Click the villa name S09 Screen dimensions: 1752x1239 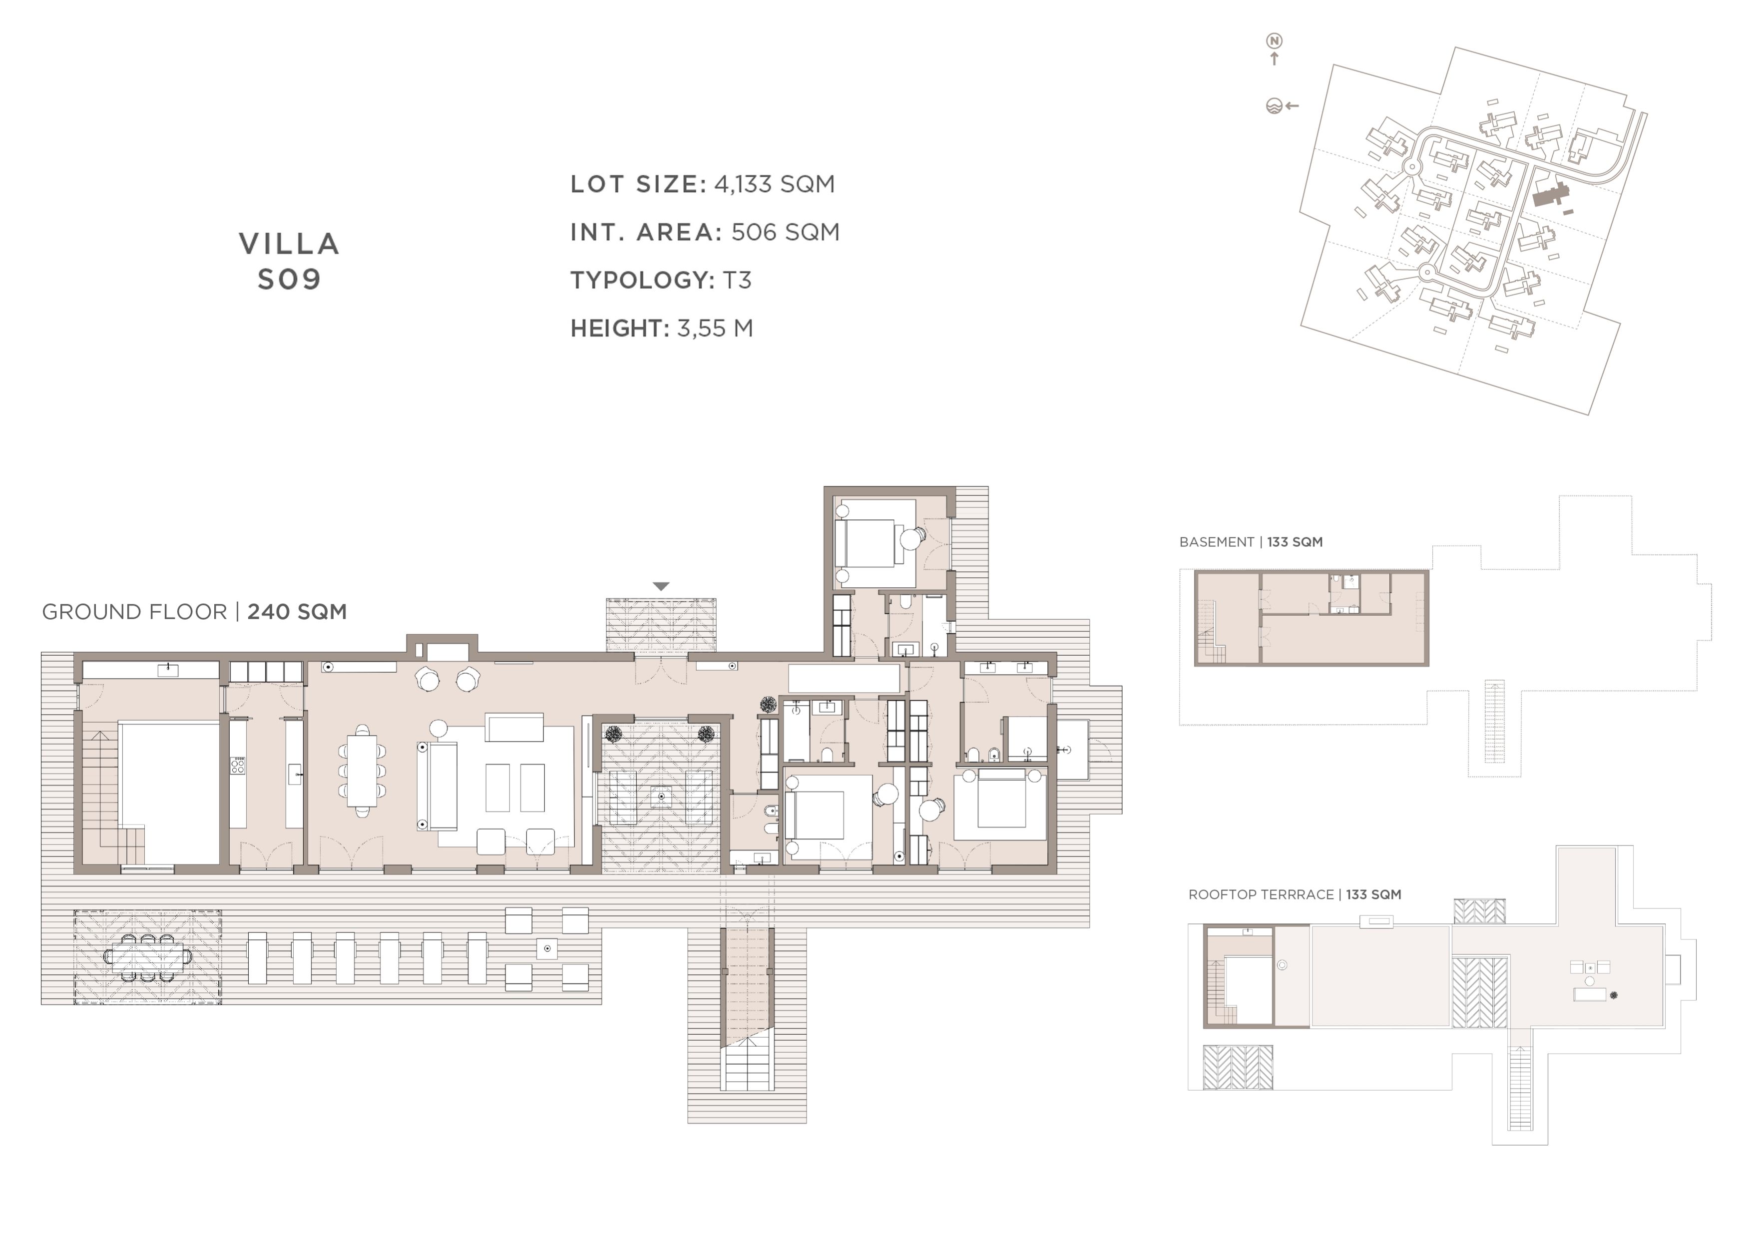click(289, 280)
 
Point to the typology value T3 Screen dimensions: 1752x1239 click(737, 281)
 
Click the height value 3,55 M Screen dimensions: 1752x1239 click(715, 329)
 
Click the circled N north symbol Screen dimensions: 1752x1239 click(1275, 40)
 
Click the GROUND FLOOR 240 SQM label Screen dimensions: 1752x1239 click(195, 612)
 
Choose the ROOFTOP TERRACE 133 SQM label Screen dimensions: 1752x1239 click(1295, 895)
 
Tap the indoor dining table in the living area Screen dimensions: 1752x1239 click(362, 771)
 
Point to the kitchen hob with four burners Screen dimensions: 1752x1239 click(238, 765)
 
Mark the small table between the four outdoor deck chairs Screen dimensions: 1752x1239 click(547, 949)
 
